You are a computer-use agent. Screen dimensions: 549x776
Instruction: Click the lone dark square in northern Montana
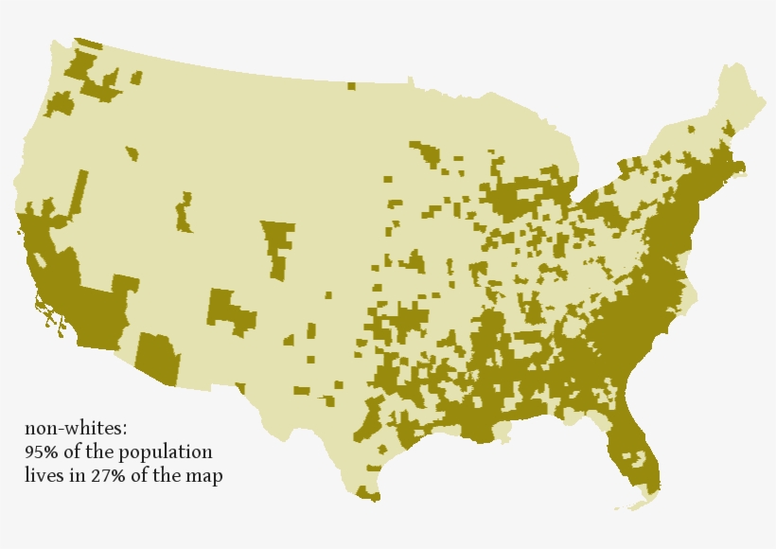[x=351, y=86]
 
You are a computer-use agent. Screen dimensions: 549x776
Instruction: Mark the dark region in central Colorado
[x=277, y=244]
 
